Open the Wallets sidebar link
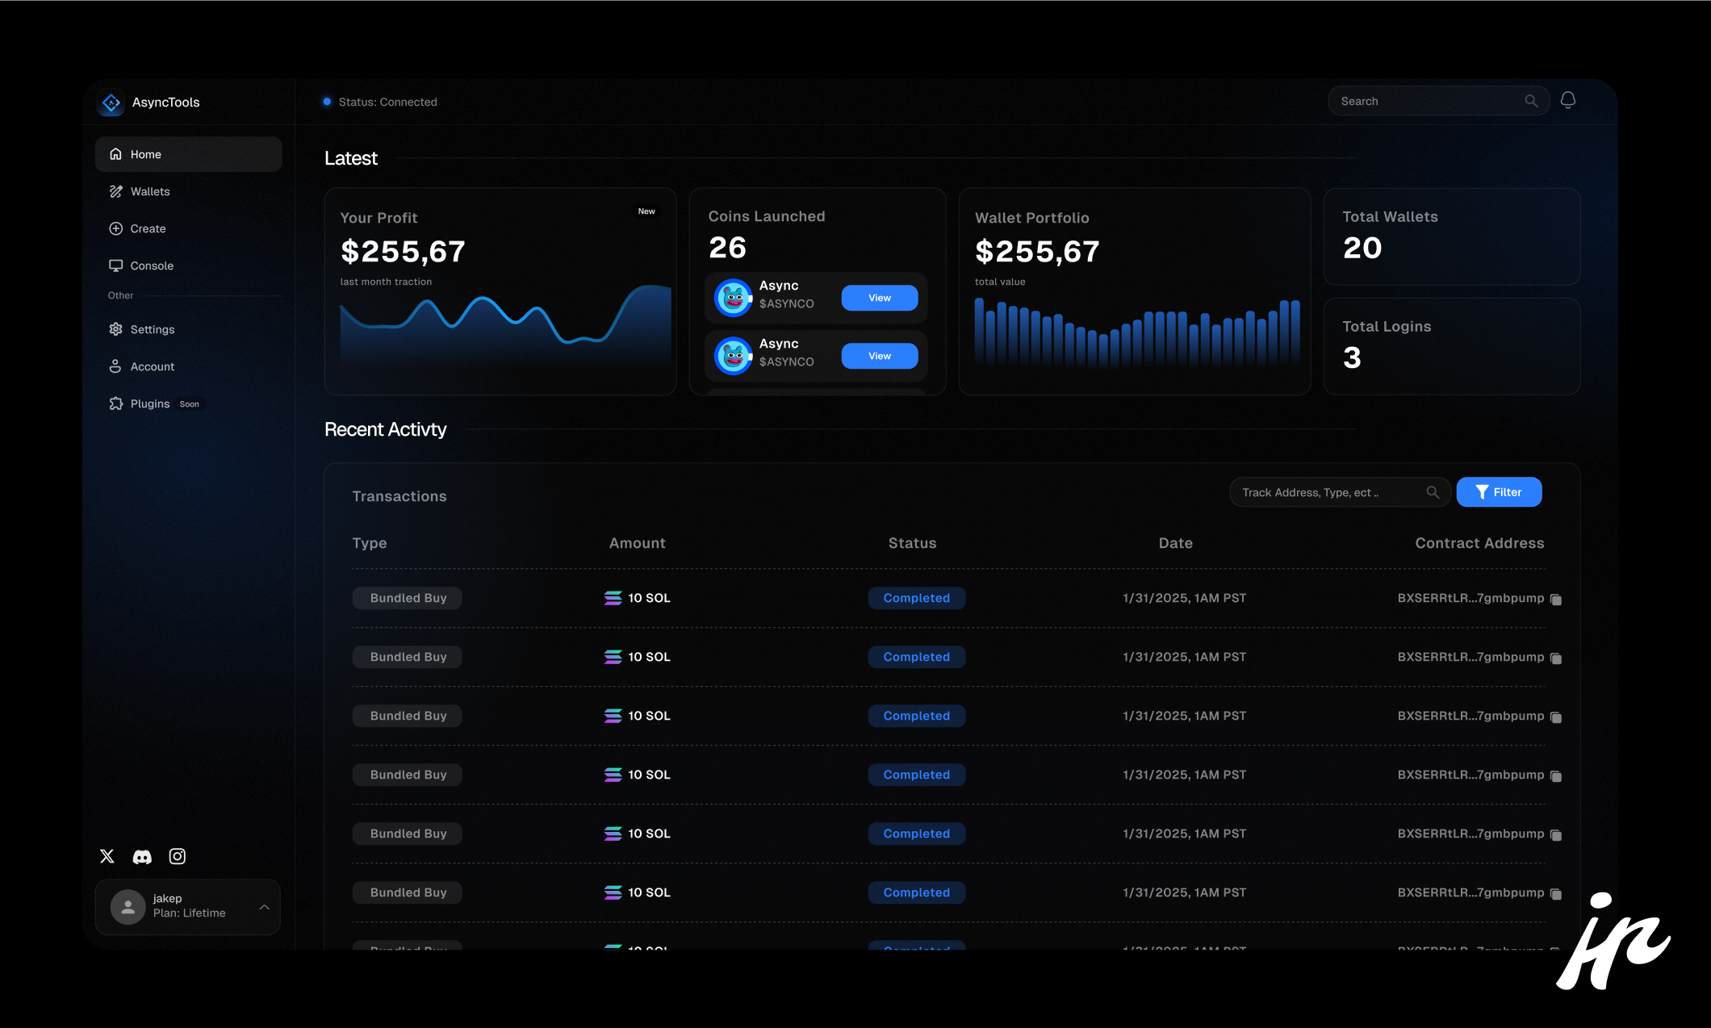tap(150, 191)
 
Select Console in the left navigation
tap(152, 265)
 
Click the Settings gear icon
tap(115, 329)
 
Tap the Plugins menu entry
tap(150, 403)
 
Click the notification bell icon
tap(1567, 100)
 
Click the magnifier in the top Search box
tap(1531, 101)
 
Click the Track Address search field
tap(1328, 492)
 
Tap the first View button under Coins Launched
tap(879, 298)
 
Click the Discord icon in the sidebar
tap(142, 857)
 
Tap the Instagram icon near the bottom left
tap(178, 856)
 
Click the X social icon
tap(107, 856)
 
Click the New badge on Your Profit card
tap(646, 211)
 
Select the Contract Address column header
tap(1479, 543)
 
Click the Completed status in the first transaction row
tap(916, 598)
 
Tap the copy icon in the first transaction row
tap(1556, 600)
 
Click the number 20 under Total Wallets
tap(1362, 248)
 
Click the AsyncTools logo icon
tap(111, 102)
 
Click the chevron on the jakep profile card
tap(264, 907)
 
